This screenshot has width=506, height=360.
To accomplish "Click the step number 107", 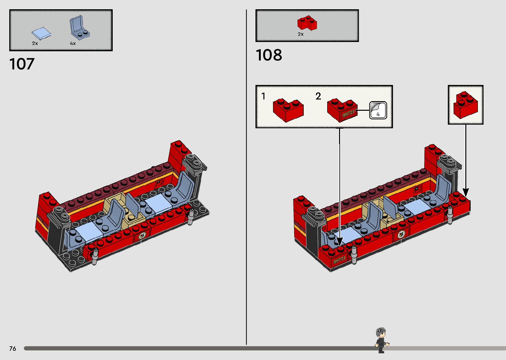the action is [x=22, y=64].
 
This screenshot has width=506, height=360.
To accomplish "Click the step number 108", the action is [x=269, y=55].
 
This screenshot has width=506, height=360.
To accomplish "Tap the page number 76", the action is [x=13, y=348].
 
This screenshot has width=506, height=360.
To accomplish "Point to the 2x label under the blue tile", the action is [x=35, y=43].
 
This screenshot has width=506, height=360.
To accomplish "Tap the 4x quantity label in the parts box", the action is [x=72, y=43].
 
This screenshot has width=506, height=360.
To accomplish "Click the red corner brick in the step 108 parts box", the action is [x=307, y=23].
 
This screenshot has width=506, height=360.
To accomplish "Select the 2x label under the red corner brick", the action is [x=300, y=34].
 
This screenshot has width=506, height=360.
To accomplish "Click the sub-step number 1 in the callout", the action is [x=263, y=96].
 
